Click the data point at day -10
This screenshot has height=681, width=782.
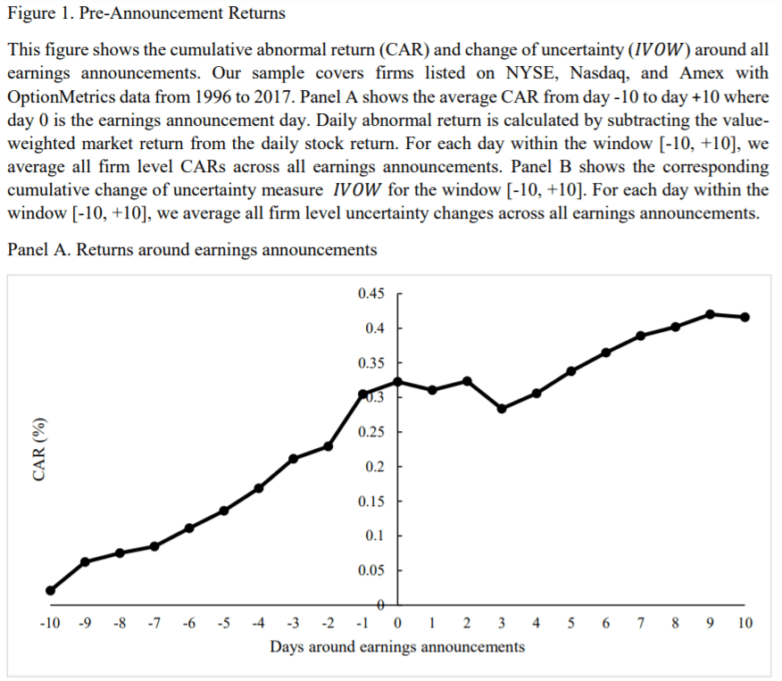pyautogui.click(x=50, y=590)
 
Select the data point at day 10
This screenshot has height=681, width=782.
pyautogui.click(x=745, y=317)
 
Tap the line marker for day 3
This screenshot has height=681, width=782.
pyautogui.click(x=502, y=409)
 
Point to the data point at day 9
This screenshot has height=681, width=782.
pyautogui.click(x=711, y=314)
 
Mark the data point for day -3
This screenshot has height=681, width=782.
pyautogui.click(x=294, y=458)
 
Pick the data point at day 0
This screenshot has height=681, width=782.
pyautogui.click(x=398, y=381)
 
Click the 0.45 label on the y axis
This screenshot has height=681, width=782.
pyautogui.click(x=371, y=294)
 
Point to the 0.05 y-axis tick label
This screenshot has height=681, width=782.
pyautogui.click(x=371, y=569)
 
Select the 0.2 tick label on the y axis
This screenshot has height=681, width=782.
pyautogui.click(x=374, y=466)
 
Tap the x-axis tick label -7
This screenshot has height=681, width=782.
pyautogui.click(x=154, y=623)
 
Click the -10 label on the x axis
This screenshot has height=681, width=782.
pyautogui.click(x=50, y=623)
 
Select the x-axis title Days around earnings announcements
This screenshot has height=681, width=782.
pyautogui.click(x=397, y=646)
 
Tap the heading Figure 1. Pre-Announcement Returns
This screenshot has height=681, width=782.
pyautogui.click(x=146, y=13)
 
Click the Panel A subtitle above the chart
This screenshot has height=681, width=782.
pyautogui.click(x=192, y=249)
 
